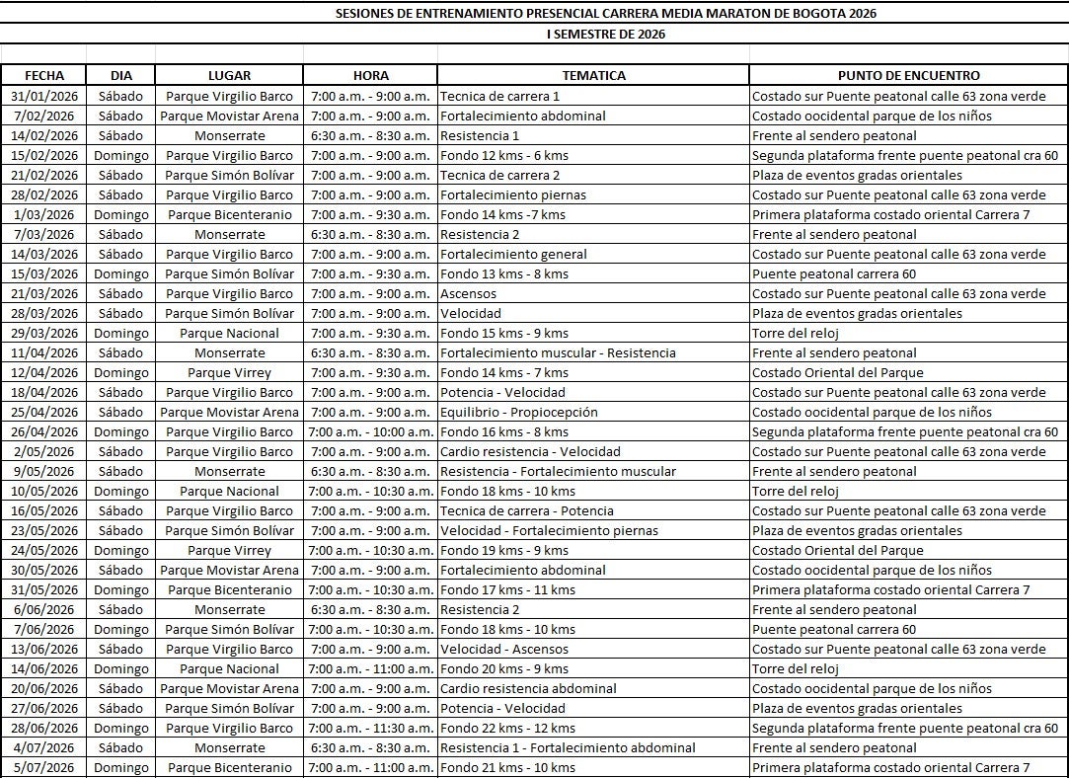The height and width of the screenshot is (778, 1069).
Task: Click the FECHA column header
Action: point(44,75)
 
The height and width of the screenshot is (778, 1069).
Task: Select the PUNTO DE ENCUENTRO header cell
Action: point(908,75)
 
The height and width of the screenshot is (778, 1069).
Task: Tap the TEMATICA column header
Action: point(593,75)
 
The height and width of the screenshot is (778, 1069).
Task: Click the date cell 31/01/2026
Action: point(44,96)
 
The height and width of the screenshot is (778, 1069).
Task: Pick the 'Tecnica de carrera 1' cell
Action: point(500,96)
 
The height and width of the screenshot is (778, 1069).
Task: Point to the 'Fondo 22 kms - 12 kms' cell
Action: point(507,728)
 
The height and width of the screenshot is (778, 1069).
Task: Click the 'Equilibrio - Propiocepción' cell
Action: point(518,412)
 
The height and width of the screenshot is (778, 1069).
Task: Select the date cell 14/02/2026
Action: point(44,135)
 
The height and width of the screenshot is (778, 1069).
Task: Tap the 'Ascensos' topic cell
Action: point(469,293)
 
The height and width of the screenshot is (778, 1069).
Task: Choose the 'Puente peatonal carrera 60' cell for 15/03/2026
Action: point(834,273)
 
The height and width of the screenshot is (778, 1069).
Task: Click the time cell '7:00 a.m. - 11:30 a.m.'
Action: point(370,728)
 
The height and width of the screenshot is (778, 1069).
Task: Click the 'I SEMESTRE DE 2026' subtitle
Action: point(605,34)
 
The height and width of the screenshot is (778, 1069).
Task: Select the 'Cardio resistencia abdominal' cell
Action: point(528,688)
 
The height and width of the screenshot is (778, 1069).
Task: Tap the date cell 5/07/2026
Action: point(44,767)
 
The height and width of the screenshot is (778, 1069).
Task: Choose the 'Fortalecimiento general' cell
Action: point(513,254)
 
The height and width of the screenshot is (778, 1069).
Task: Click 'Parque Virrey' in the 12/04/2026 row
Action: point(229,372)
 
